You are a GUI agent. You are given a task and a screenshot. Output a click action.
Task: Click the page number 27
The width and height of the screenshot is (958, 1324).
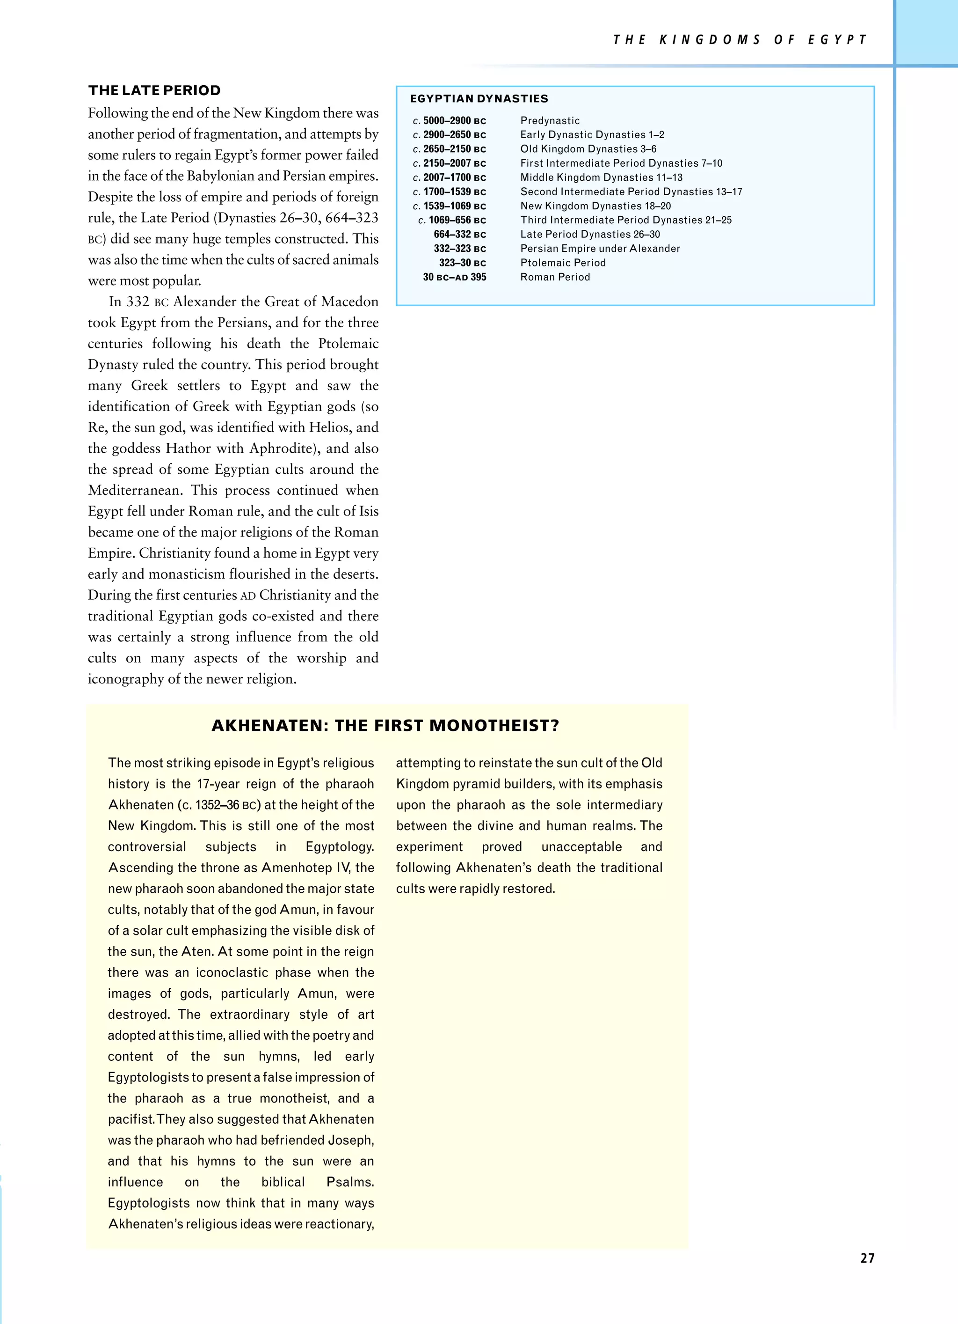[867, 1258]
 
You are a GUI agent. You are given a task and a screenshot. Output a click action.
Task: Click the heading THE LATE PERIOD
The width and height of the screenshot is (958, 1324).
[155, 90]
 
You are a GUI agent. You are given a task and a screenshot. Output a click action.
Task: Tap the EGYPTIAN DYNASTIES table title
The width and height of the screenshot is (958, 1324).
[479, 99]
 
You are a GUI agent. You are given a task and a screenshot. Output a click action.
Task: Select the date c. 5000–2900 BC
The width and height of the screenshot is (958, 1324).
[449, 121]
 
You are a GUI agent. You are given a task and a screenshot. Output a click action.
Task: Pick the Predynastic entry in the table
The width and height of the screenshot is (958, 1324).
[550, 121]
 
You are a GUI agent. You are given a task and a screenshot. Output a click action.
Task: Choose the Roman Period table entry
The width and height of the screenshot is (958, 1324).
[555, 277]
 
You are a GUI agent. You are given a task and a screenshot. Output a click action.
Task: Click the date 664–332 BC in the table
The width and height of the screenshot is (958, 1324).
[459, 234]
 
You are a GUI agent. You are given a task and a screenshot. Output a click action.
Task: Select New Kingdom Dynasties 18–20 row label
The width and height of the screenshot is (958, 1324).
[595, 206]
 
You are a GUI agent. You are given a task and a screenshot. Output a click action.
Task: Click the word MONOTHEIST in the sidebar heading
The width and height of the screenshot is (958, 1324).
[494, 726]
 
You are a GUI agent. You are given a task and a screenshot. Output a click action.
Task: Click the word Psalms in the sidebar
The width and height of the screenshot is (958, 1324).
[349, 1182]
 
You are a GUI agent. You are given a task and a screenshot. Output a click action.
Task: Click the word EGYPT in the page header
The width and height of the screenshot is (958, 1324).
[837, 40]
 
